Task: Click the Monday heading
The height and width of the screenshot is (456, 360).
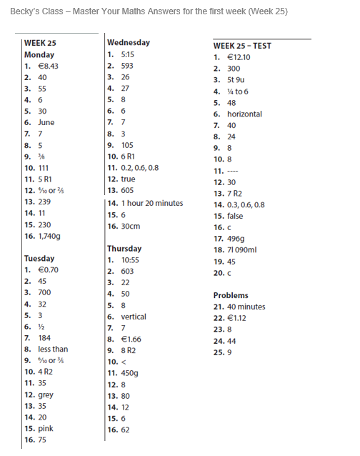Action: click(x=39, y=54)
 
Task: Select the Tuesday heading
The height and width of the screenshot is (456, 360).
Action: click(x=39, y=258)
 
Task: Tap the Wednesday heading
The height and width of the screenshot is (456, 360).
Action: click(x=129, y=42)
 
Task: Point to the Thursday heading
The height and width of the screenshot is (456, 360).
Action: click(x=124, y=248)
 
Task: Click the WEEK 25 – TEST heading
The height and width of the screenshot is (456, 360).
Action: click(x=242, y=46)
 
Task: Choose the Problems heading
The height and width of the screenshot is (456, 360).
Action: click(x=231, y=295)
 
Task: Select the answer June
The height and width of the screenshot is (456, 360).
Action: click(x=46, y=122)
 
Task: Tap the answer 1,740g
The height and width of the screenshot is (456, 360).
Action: click(x=54, y=235)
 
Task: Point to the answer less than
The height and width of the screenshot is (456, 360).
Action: click(x=54, y=349)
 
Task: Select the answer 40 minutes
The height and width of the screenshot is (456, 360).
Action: click(x=246, y=307)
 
